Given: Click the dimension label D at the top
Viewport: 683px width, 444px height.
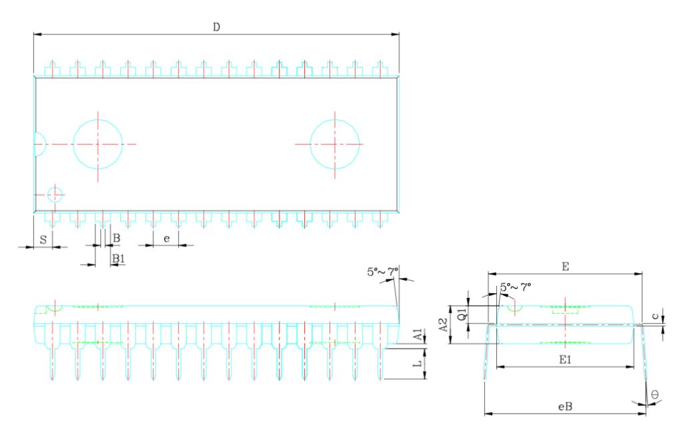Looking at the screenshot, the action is click(x=217, y=27).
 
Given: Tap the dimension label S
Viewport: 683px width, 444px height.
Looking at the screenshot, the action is click(x=43, y=240).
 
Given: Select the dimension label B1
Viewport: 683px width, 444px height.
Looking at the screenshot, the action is click(x=119, y=258).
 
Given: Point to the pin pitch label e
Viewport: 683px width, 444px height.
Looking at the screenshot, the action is click(x=166, y=239).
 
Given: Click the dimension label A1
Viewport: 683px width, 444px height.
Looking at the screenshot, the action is click(x=418, y=335).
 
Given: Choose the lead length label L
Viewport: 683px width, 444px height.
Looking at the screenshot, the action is click(x=418, y=363).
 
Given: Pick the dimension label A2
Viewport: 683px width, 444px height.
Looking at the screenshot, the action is click(x=444, y=324).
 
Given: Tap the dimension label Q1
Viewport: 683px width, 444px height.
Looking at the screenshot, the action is click(x=462, y=314).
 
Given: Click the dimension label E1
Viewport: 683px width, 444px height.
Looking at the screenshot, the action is click(x=565, y=360).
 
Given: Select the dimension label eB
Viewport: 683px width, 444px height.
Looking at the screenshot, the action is click(x=565, y=407).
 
